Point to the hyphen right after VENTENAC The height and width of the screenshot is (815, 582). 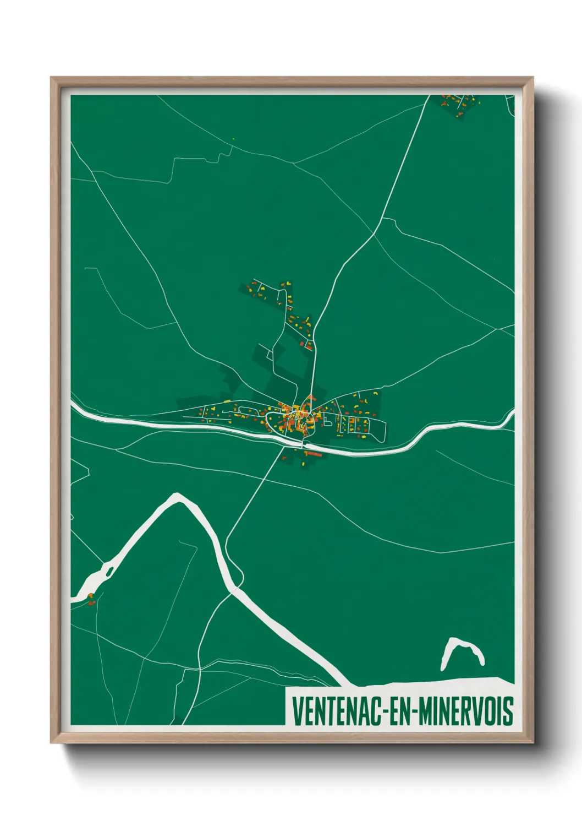click(388, 711)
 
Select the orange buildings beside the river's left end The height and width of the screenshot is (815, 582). click(91, 599)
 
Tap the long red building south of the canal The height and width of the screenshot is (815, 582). click(313, 454)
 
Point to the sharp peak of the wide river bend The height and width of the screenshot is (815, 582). click(177, 497)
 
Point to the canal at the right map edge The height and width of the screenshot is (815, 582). click(510, 416)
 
